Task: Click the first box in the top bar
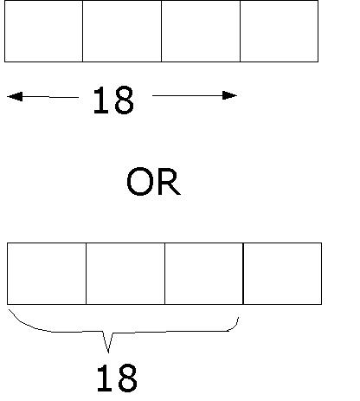click(x=43, y=31)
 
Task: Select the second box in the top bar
click(x=122, y=31)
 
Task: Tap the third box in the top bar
click(x=201, y=31)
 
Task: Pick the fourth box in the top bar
click(x=280, y=31)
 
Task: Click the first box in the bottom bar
click(x=47, y=274)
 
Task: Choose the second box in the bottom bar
click(x=125, y=274)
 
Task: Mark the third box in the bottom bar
click(x=204, y=274)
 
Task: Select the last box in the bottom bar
click(x=283, y=274)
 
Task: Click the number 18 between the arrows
click(x=113, y=100)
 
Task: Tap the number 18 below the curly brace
click(x=117, y=378)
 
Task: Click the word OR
click(x=153, y=181)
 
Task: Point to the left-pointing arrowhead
click(x=15, y=96)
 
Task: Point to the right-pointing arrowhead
click(x=229, y=95)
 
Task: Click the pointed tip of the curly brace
click(x=108, y=352)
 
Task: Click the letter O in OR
click(x=139, y=181)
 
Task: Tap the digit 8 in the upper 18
click(x=124, y=100)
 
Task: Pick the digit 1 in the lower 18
click(x=105, y=378)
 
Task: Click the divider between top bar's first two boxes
click(x=83, y=31)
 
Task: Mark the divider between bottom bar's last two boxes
click(x=243, y=274)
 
